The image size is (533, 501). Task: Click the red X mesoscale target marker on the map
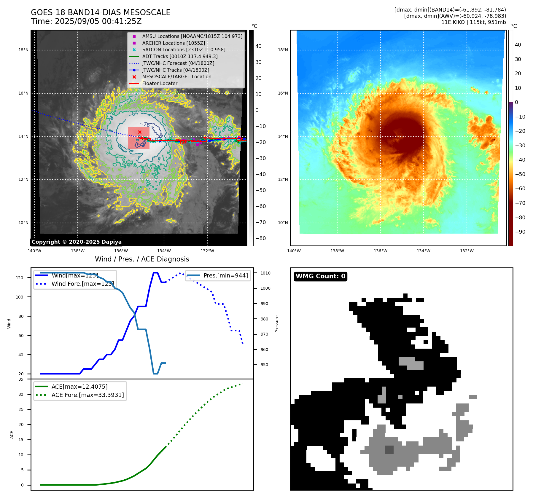tap(140, 132)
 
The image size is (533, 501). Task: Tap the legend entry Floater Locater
tap(160, 84)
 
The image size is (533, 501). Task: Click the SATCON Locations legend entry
tap(184, 50)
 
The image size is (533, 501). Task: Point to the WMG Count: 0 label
tap(320, 276)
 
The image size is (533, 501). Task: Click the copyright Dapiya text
tap(77, 242)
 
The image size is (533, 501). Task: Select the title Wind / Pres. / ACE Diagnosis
tap(142, 259)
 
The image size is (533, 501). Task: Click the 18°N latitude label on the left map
tap(23, 50)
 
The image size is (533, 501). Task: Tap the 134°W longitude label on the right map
tap(423, 251)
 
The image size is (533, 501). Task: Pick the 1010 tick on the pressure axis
tap(265, 273)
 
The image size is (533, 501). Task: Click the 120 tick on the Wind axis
tap(20, 278)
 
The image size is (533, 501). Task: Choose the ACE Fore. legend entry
tap(87, 395)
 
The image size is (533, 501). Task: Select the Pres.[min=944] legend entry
tap(225, 275)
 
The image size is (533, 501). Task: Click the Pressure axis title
tap(277, 324)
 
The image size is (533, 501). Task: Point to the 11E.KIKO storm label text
tap(473, 22)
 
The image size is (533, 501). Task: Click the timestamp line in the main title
tap(86, 21)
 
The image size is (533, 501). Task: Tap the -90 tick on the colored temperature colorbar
tap(520, 232)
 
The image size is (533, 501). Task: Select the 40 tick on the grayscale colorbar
tap(258, 46)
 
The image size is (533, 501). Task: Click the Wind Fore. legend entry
tap(82, 284)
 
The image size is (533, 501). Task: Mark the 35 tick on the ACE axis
tap(21, 379)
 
